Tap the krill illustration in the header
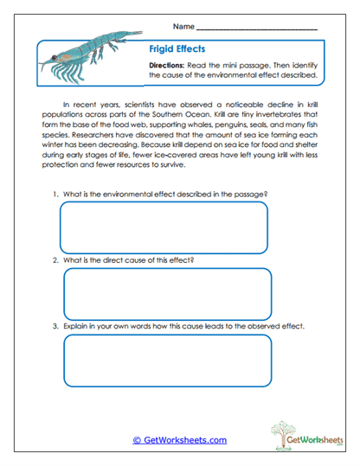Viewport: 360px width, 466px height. [x=87, y=61]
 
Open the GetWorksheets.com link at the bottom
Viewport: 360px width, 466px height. [x=179, y=440]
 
